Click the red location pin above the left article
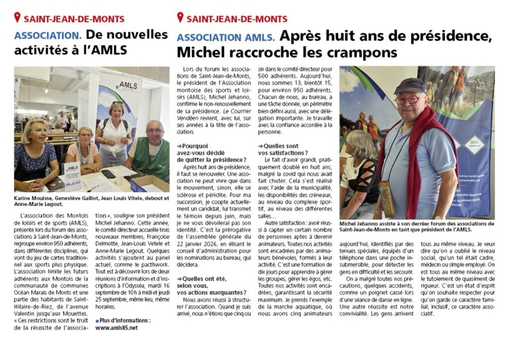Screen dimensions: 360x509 coord(17,18)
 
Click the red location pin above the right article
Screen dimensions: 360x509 coord(180,18)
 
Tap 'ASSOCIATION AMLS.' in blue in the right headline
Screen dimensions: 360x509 coord(226,37)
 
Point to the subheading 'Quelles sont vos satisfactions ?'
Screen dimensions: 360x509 coord(283,149)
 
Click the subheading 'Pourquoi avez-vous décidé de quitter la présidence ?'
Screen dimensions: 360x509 coord(211,153)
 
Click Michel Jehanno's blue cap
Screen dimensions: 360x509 coord(410,85)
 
